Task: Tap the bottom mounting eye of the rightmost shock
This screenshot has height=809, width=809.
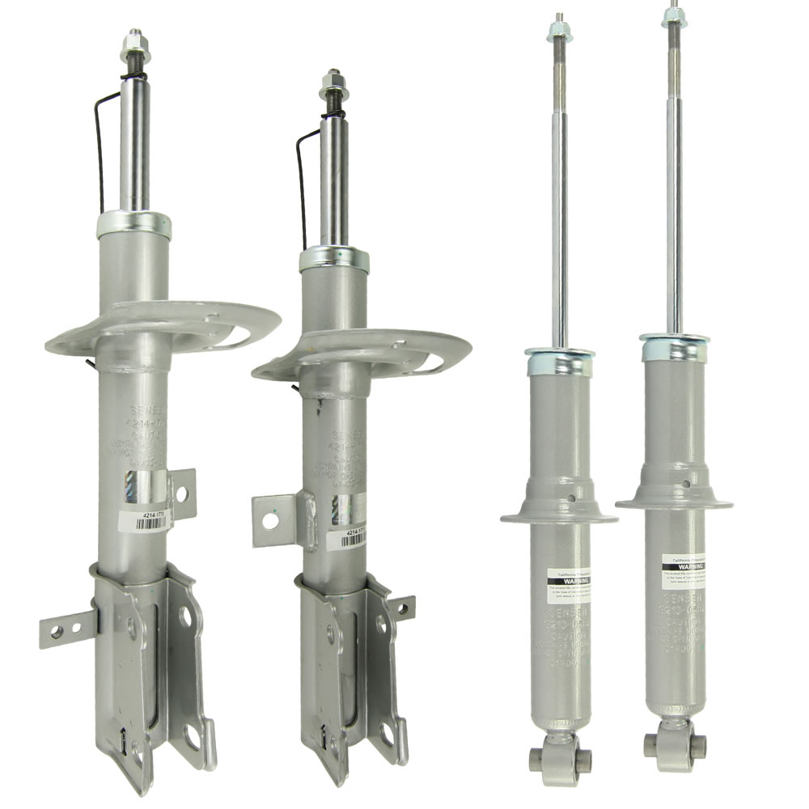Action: pyautogui.click(x=674, y=745)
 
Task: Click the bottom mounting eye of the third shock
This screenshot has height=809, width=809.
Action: pyautogui.click(x=560, y=758)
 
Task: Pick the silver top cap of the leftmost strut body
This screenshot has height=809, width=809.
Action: pyautogui.click(x=133, y=224)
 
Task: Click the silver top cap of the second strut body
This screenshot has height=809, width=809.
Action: pyautogui.click(x=333, y=259)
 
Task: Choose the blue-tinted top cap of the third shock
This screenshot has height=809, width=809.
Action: pyautogui.click(x=559, y=362)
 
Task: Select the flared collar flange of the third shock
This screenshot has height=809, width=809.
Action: pyautogui.click(x=558, y=515)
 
